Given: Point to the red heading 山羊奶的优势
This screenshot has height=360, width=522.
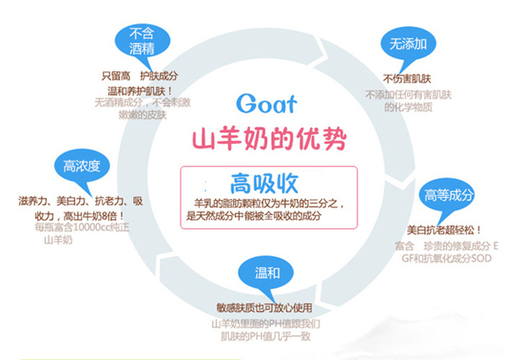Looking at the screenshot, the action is [x=268, y=140].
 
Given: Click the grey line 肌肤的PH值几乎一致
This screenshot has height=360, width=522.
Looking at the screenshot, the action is [x=264, y=336].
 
